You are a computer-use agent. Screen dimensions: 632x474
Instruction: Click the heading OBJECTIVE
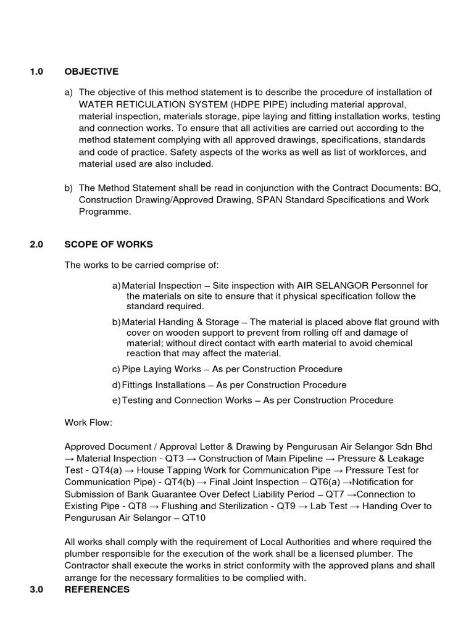pyautogui.click(x=91, y=72)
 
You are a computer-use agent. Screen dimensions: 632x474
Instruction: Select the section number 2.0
pyautogui.click(x=36, y=244)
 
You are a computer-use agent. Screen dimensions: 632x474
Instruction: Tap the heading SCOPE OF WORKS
pyautogui.click(x=109, y=244)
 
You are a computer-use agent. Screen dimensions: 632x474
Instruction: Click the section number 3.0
pyautogui.click(x=36, y=589)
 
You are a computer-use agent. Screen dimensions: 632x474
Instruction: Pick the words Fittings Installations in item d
pyautogui.click(x=164, y=385)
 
